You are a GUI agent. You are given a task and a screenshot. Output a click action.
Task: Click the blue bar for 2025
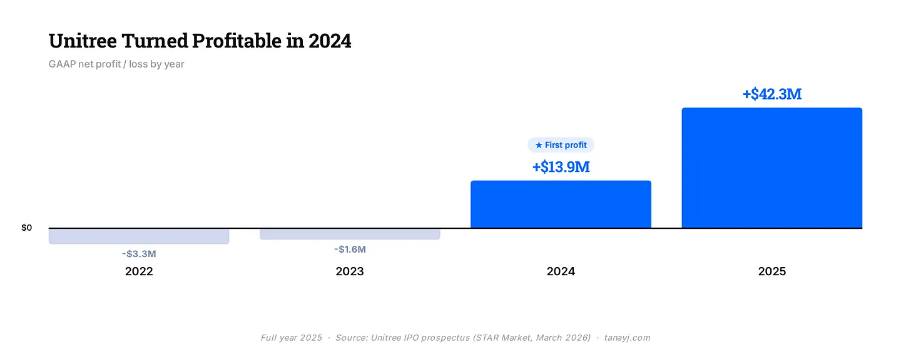772,168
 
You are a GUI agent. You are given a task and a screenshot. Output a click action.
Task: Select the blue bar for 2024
561,204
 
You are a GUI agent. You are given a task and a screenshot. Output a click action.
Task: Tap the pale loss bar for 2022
139,236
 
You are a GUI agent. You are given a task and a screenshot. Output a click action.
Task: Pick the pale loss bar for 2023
350,234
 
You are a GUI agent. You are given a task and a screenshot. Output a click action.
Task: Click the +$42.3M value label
772,94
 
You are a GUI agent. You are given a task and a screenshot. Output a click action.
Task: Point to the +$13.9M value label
561,167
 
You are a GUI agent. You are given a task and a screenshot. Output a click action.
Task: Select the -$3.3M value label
139,254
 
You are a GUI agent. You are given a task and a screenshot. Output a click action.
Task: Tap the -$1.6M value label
350,250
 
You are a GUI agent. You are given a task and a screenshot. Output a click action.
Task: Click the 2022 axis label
139,271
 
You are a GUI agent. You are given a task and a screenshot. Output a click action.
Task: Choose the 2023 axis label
350,271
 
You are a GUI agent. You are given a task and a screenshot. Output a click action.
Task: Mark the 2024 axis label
561,271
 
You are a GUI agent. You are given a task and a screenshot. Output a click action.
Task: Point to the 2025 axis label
772,271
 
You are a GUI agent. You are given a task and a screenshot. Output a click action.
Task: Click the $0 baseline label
26,228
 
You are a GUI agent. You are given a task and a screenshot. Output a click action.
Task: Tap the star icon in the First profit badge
539,145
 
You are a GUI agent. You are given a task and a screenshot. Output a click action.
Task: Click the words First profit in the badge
566,145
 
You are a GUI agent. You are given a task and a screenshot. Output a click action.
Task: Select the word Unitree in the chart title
83,41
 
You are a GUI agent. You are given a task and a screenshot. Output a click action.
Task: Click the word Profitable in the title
237,41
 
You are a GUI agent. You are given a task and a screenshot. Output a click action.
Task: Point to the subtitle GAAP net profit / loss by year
116,64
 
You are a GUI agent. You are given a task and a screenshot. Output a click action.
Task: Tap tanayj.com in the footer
627,338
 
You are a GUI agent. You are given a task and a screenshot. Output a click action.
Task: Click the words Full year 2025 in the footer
291,338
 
